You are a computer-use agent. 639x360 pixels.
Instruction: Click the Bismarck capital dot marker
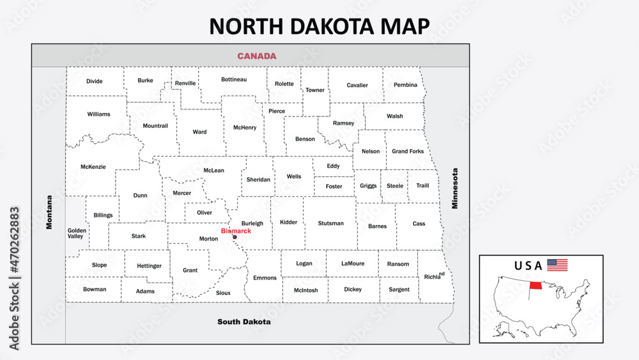[x=235, y=237]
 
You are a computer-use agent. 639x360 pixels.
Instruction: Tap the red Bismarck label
[x=236, y=231]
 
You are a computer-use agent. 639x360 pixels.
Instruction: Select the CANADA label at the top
[x=257, y=56]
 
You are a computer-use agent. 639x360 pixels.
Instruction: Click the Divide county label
[x=95, y=81]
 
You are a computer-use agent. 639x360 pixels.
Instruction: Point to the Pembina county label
[x=405, y=85]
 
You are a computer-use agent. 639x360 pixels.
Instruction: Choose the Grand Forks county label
[x=408, y=152]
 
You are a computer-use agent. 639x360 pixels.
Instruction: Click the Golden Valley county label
[x=75, y=233]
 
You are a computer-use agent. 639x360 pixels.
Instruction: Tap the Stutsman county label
[x=330, y=223]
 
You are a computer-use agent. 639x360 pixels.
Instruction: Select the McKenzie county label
[x=93, y=167]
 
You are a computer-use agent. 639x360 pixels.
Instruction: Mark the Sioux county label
[x=223, y=293]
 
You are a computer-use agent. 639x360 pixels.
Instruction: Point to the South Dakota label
[x=243, y=322]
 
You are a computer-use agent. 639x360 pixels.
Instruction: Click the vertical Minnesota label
[x=456, y=189]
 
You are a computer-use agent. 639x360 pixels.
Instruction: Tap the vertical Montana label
[x=49, y=212]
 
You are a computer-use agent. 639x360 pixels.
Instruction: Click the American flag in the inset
[x=557, y=265]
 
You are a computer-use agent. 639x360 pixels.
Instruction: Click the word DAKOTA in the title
[x=325, y=26]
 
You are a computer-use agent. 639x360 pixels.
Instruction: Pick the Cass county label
[x=419, y=224]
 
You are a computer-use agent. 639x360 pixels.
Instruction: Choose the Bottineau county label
[x=234, y=79]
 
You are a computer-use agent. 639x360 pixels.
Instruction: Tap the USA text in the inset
[x=528, y=265]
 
